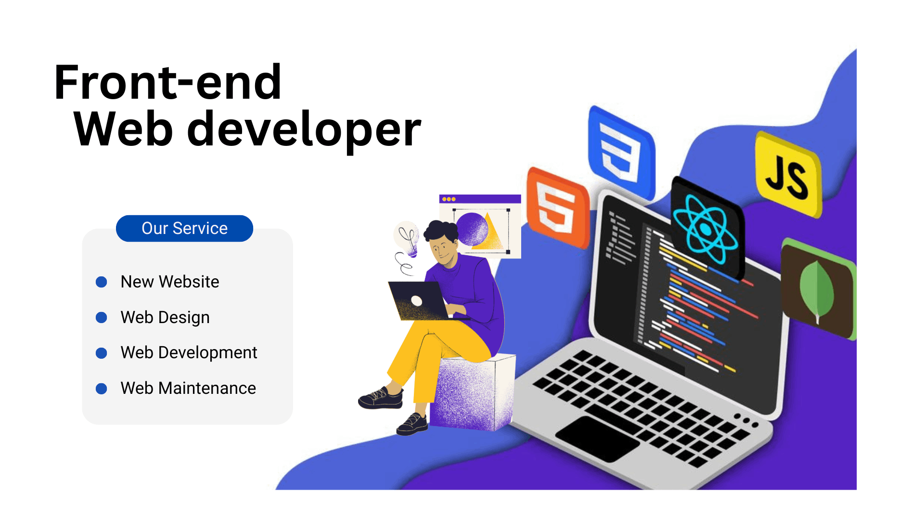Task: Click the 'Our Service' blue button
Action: click(184, 228)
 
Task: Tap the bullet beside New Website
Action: click(102, 282)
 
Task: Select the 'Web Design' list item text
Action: click(165, 317)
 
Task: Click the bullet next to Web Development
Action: click(102, 353)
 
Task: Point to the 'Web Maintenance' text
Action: click(188, 388)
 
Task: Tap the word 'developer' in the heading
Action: click(304, 129)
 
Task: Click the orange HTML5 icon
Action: click(557, 208)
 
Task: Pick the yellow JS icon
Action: click(788, 175)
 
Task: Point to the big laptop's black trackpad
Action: click(597, 438)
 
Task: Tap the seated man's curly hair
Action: click(441, 230)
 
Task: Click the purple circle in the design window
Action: click(472, 229)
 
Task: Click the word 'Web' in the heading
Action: click(123, 129)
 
